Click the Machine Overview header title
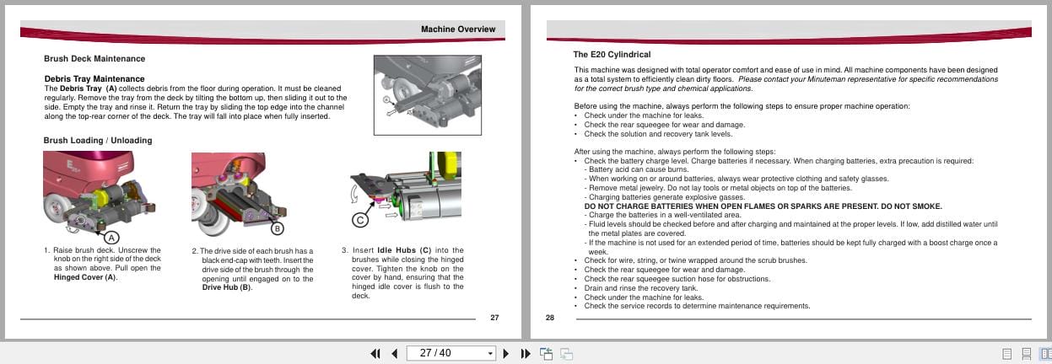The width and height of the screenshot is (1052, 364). tap(458, 29)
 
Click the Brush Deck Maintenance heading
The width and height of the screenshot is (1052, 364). tap(94, 59)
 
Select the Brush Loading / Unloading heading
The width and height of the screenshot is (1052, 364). tap(98, 140)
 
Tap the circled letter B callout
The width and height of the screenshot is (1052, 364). tap(277, 228)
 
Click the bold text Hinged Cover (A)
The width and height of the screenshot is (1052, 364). tap(80, 277)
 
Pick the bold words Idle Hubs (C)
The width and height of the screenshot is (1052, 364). tap(404, 250)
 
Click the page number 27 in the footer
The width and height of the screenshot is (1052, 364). tap(494, 318)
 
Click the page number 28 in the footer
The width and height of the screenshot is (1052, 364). tap(550, 318)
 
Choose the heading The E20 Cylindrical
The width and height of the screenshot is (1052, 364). tap(612, 55)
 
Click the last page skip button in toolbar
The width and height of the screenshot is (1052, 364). tap(524, 353)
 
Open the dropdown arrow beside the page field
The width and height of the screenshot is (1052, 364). tap(490, 353)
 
